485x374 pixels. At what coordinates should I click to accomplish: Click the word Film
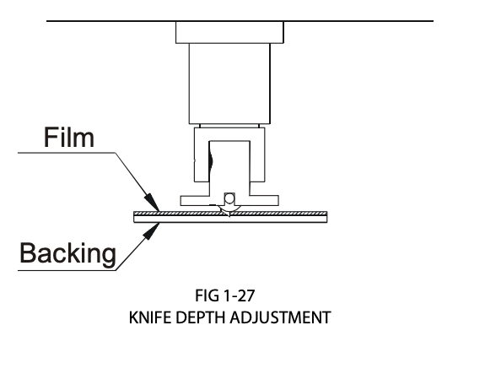69,137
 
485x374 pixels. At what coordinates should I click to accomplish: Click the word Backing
68,253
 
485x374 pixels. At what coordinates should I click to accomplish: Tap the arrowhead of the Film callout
153,203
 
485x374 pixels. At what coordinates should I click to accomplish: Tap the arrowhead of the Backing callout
152,231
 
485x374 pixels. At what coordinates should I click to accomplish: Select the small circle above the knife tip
229,198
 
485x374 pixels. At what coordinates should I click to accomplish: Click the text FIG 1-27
225,295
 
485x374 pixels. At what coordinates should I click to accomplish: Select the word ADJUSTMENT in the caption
281,317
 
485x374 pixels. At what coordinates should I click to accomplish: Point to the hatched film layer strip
230,214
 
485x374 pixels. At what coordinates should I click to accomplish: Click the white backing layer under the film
230,219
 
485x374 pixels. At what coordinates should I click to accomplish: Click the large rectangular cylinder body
229,84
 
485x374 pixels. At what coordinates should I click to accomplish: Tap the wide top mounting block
229,32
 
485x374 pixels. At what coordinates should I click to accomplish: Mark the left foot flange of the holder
195,200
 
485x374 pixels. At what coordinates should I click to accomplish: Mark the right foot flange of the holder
264,200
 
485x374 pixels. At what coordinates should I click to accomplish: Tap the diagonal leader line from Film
137,182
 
